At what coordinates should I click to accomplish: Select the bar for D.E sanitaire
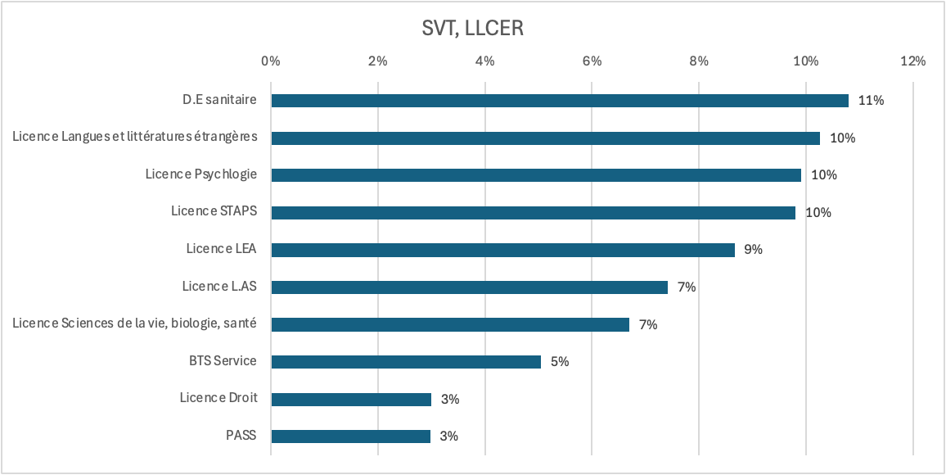pos(560,101)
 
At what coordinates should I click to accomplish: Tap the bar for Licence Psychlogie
pos(536,175)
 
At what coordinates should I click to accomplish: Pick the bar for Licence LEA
pos(502,250)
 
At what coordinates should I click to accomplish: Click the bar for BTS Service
pos(406,362)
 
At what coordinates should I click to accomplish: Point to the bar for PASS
pos(350,437)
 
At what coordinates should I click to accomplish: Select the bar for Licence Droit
pos(351,400)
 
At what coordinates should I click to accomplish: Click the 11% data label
pos(872,101)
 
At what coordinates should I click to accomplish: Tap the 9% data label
pos(753,250)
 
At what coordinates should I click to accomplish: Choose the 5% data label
pos(560,362)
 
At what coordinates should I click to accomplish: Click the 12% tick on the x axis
pos(912,61)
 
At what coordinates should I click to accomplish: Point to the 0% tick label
pos(271,61)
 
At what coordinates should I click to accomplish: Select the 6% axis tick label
pos(592,61)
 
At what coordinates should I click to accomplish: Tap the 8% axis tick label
pos(699,61)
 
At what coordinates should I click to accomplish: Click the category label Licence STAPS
pos(214,211)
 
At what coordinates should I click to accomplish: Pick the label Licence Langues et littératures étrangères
pos(135,137)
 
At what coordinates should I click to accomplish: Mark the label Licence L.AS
pos(219,287)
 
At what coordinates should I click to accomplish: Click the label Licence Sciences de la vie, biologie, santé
pos(135,323)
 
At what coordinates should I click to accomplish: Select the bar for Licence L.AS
pos(469,287)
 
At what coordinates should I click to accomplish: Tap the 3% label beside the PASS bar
pos(448,437)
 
